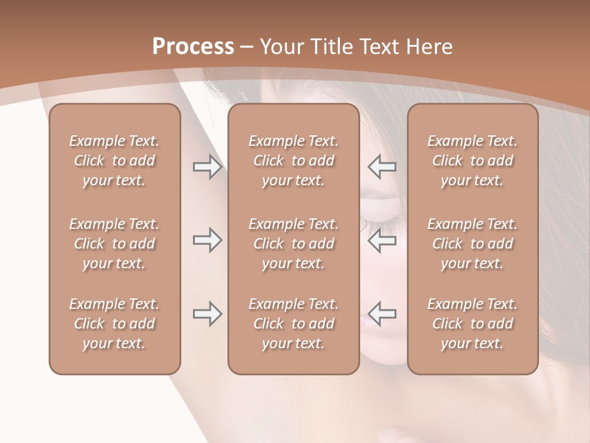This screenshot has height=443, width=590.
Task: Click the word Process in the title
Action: tap(193, 47)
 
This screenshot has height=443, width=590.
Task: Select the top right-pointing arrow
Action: tap(207, 167)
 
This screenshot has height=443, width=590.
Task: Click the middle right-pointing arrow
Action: tap(207, 241)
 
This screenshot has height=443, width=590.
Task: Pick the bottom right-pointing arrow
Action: tap(207, 314)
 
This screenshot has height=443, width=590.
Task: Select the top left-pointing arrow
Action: tap(382, 167)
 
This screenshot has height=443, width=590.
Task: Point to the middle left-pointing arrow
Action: tap(382, 241)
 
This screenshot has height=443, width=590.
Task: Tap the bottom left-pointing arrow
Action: tap(382, 314)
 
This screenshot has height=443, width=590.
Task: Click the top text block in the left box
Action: tap(114, 161)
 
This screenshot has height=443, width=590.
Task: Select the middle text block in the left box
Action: tap(114, 244)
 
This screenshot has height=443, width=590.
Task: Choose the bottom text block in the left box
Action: tap(114, 324)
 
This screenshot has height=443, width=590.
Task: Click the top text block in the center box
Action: tap(293, 161)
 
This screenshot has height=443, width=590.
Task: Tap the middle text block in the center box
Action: tap(293, 244)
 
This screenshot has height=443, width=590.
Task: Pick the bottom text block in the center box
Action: tap(293, 324)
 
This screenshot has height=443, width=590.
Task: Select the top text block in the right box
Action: tap(472, 161)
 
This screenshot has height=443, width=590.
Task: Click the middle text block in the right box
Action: tap(472, 244)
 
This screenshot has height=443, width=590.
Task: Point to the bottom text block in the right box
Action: tap(472, 324)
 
